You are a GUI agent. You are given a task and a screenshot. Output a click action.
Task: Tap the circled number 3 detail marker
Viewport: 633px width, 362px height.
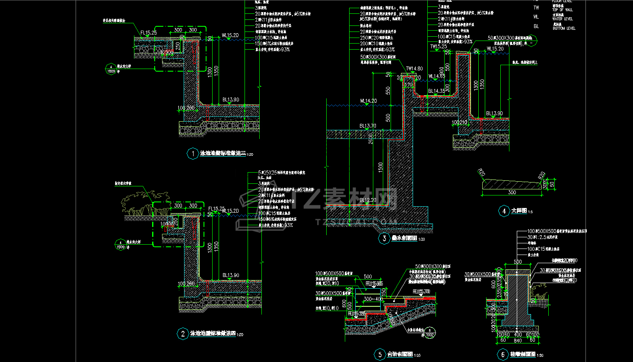pyautogui.click(x=384, y=238)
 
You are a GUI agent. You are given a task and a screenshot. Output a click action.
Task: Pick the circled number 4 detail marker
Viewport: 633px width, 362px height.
pyautogui.click(x=504, y=211)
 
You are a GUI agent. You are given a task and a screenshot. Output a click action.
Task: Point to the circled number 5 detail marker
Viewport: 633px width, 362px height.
pyautogui.click(x=379, y=355)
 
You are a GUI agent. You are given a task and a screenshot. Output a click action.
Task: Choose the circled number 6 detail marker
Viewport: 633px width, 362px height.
pyautogui.click(x=503, y=355)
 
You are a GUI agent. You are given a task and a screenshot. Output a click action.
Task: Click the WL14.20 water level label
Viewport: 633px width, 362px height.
pyautogui.click(x=368, y=101)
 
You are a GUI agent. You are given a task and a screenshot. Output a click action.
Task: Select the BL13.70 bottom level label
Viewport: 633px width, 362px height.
pyautogui.click(x=368, y=126)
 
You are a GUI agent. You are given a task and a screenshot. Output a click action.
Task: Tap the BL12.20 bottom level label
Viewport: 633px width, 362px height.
pyautogui.click(x=368, y=201)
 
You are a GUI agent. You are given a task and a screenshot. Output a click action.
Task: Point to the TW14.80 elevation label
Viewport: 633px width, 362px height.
pyautogui.click(x=414, y=69)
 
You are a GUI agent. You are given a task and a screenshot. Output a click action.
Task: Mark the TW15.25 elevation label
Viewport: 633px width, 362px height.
pyautogui.click(x=438, y=46)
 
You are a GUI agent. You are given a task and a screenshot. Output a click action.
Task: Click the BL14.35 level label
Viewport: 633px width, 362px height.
pyautogui.click(x=436, y=91)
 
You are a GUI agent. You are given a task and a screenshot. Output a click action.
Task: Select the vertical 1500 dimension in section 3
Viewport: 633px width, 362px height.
pyautogui.click(x=381, y=168)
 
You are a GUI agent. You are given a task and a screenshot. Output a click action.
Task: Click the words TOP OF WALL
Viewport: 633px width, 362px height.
pyautogui.click(x=563, y=9)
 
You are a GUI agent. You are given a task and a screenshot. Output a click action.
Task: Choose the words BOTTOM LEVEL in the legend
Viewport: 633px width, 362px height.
pyautogui.click(x=564, y=28)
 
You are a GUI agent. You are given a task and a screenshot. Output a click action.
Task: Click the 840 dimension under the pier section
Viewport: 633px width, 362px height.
pyautogui.click(x=517, y=340)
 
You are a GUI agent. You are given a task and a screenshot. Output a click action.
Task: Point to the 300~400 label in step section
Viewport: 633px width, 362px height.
pyautogui.click(x=373, y=299)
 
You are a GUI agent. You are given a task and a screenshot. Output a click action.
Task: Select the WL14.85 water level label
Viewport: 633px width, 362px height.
pyautogui.click(x=436, y=76)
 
